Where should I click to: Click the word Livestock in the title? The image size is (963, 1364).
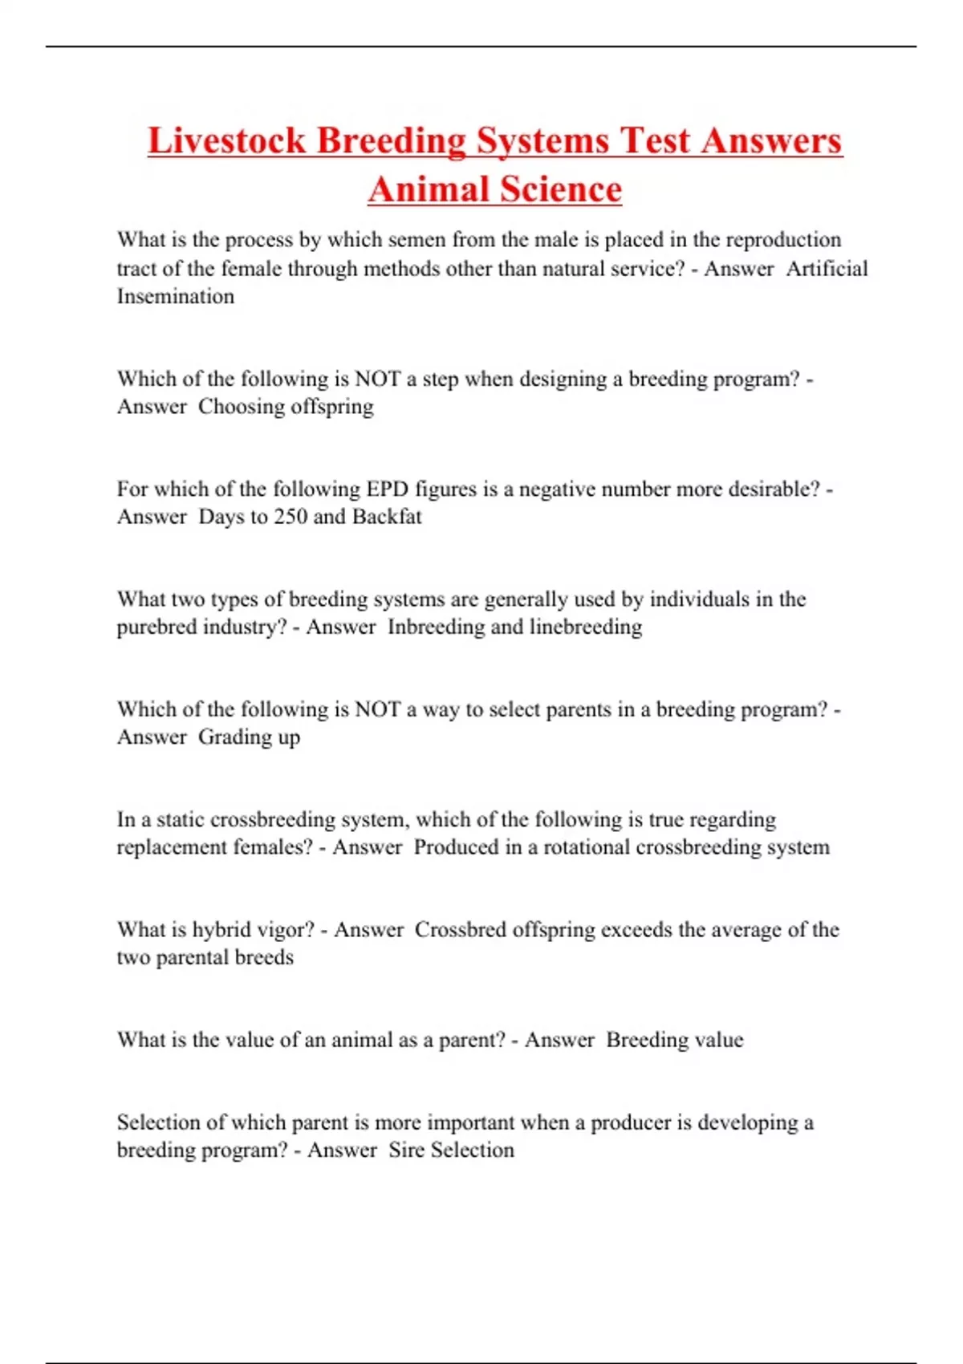226,140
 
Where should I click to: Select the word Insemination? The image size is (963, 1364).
176,296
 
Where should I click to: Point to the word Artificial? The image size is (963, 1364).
827,268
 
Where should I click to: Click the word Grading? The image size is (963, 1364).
232,737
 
